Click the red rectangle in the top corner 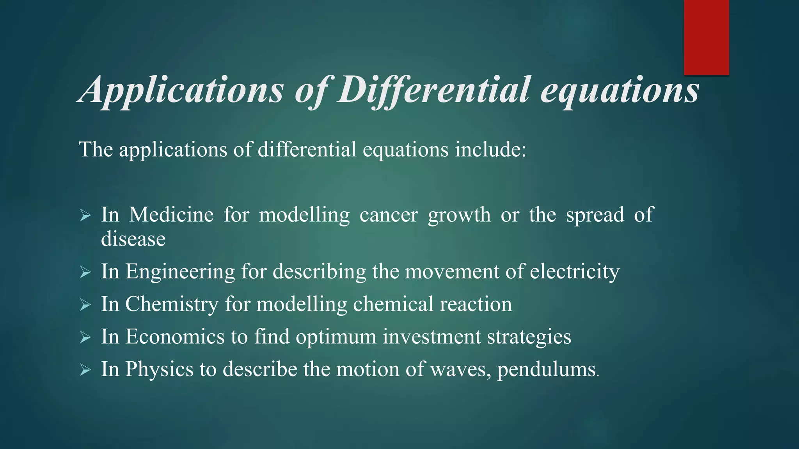[x=706, y=37]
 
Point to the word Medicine [x=171, y=215]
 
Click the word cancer [x=389, y=215]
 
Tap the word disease [x=133, y=239]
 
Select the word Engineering [x=180, y=272]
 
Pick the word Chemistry [x=171, y=304]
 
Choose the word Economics [x=175, y=336]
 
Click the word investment [x=431, y=336]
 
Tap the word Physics [x=159, y=369]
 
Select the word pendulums [x=546, y=369]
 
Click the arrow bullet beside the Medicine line [x=85, y=215]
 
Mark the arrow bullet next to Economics [x=85, y=337]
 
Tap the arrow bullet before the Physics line [x=85, y=369]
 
